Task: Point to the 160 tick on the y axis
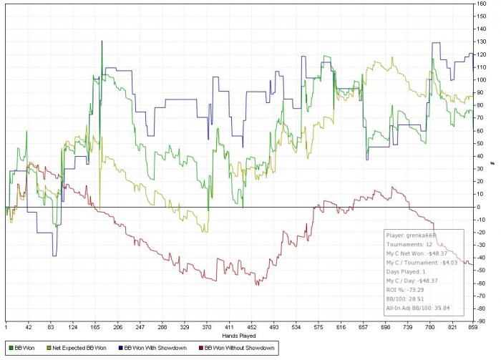(x=482, y=4)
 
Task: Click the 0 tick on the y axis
(x=480, y=207)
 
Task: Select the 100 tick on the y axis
(x=482, y=80)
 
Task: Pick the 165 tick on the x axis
(x=118, y=326)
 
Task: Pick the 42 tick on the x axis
(x=30, y=326)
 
